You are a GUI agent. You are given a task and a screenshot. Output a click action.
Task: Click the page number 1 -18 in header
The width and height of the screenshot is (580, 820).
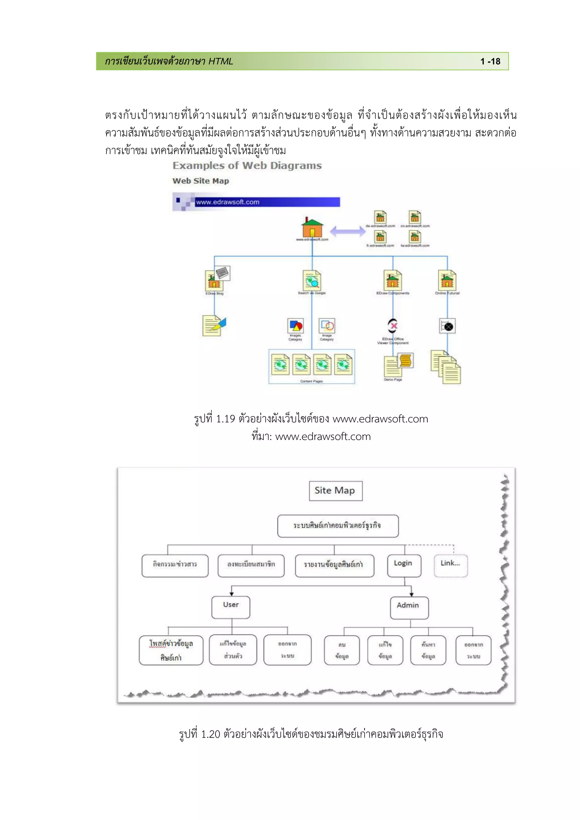pyautogui.click(x=490, y=61)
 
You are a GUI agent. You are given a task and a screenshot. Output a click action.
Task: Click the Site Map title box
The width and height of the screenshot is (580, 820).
pyautogui.click(x=335, y=491)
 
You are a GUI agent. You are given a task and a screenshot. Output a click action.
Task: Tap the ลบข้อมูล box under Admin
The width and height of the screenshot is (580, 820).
pyautogui.click(x=342, y=650)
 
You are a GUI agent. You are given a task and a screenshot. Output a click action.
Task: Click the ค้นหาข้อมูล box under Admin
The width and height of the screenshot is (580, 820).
pyautogui.click(x=428, y=650)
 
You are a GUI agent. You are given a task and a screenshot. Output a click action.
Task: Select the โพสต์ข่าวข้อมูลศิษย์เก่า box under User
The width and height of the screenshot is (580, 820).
pyautogui.click(x=171, y=650)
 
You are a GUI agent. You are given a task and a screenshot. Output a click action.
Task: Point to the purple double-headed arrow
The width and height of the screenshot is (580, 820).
pyautogui.click(x=347, y=231)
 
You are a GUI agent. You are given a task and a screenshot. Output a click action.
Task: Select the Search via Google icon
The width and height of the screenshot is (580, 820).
pyautogui.click(x=312, y=280)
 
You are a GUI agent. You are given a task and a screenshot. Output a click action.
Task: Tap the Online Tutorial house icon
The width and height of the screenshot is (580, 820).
pyautogui.click(x=447, y=280)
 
